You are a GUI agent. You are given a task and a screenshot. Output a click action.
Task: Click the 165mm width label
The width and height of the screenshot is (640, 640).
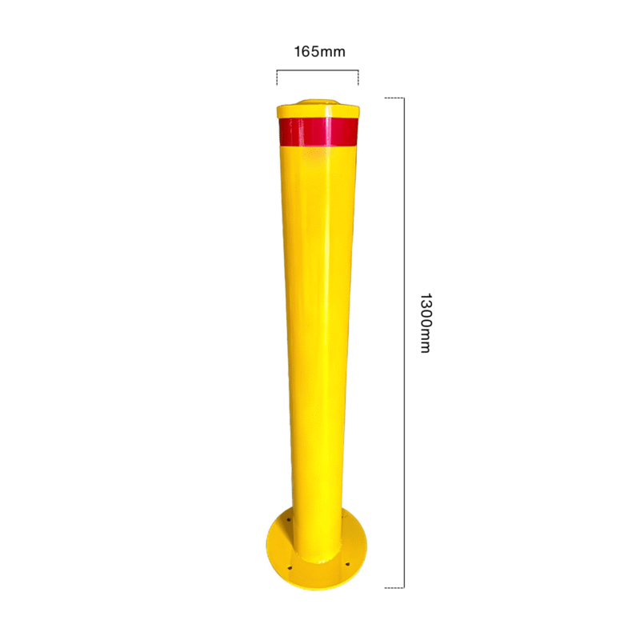(x=319, y=52)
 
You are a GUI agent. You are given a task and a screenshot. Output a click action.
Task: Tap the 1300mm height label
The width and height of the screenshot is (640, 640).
(x=426, y=323)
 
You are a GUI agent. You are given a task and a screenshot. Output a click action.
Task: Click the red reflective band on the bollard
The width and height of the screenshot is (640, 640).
(x=318, y=131)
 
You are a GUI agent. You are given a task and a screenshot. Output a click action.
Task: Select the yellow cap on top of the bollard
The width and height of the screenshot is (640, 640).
(x=318, y=110)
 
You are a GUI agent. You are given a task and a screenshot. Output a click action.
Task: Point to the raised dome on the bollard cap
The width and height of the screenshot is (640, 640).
(x=313, y=102)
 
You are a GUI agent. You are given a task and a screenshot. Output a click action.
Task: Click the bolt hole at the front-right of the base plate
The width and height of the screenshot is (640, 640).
(x=347, y=564)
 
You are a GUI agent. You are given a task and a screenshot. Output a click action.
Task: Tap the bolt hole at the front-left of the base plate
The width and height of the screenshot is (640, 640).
(x=290, y=567)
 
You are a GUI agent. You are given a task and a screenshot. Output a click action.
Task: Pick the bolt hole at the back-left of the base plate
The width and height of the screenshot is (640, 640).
(x=288, y=520)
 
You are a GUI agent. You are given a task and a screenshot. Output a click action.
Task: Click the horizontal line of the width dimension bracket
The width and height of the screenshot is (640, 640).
(x=318, y=70)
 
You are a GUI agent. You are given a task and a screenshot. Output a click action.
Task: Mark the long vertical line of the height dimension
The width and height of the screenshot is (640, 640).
(x=404, y=343)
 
